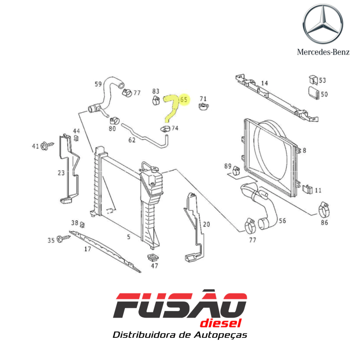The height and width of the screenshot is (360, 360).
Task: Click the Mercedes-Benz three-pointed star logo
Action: (x=323, y=24)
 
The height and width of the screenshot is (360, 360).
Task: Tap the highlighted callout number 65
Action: (x=184, y=99)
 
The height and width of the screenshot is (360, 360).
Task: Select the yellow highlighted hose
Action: (x=171, y=108)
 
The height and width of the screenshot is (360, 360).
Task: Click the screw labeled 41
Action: (x=47, y=146)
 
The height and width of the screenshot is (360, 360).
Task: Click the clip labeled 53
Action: (x=313, y=79)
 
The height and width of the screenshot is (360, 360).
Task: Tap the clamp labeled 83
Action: (x=156, y=100)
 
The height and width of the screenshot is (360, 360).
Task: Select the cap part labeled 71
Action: (x=204, y=106)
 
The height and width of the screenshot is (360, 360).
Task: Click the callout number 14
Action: (x=264, y=83)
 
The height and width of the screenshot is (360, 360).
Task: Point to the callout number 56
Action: (x=282, y=221)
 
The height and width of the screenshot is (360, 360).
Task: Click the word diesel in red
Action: (x=221, y=323)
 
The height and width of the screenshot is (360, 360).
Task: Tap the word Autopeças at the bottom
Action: (x=221, y=335)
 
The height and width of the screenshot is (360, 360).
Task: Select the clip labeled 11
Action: (x=308, y=189)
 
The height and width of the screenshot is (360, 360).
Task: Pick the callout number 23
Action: (x=61, y=173)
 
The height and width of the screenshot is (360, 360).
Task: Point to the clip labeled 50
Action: (x=314, y=93)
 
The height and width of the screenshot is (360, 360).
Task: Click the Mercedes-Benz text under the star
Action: (x=323, y=52)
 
